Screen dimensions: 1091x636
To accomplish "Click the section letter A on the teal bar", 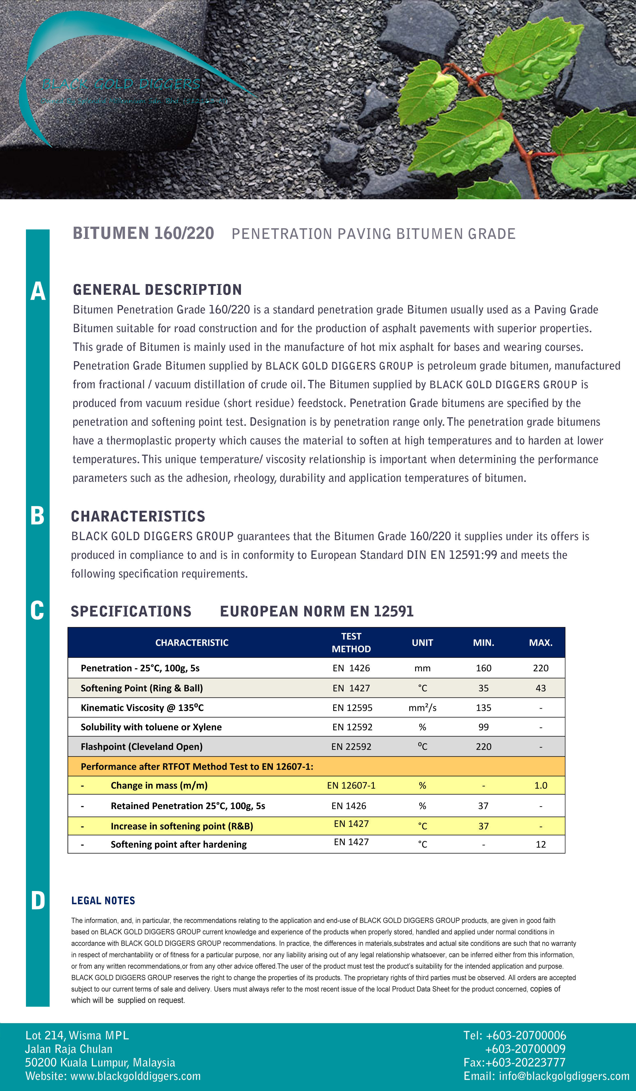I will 38,291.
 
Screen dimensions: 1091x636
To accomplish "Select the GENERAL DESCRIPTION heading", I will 157,290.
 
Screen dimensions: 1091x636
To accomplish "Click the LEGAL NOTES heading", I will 103,901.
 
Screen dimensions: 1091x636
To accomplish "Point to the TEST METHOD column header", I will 351,642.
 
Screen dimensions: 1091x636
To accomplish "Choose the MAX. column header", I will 540,642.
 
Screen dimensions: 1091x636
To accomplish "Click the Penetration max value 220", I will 540,668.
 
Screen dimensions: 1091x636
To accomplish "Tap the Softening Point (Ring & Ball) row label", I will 142,688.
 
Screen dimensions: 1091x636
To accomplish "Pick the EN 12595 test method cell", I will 352,707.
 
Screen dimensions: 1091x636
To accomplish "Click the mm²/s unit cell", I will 422,707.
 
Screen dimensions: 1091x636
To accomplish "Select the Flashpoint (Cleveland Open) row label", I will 142,746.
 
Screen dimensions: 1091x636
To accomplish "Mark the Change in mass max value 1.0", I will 540,785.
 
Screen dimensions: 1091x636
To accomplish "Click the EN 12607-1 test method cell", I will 351,785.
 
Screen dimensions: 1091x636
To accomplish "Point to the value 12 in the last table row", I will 540,844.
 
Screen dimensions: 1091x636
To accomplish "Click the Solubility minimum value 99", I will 483,727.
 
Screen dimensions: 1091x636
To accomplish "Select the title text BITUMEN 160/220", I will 143,233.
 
